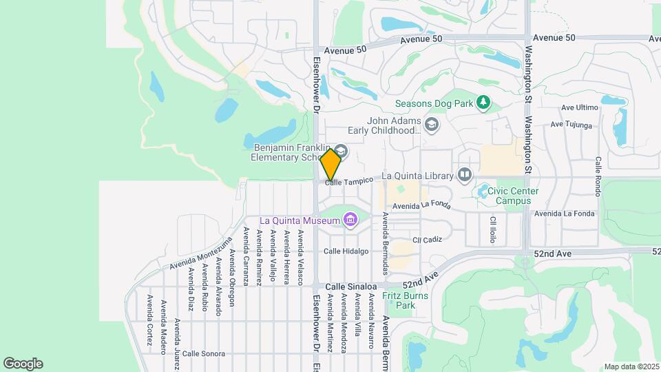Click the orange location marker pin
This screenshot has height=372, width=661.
pyautogui.click(x=331, y=164)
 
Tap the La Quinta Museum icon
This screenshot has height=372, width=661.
pyautogui.click(x=351, y=220)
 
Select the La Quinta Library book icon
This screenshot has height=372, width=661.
pyautogui.click(x=465, y=175)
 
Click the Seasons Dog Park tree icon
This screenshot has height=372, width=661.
pyautogui.click(x=484, y=103)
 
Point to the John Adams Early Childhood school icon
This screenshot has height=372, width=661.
pyautogui.click(x=432, y=124)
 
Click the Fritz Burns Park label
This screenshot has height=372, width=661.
pyautogui.click(x=406, y=300)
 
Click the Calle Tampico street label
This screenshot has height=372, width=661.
pyautogui.click(x=350, y=180)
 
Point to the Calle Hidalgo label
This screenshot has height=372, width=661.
pyautogui.click(x=346, y=251)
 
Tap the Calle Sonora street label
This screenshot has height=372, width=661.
pyautogui.click(x=204, y=354)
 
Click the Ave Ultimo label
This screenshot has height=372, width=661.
pyautogui.click(x=580, y=107)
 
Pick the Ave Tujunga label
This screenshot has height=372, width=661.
pyautogui.click(x=571, y=125)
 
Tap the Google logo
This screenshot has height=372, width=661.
pyautogui.click(x=23, y=363)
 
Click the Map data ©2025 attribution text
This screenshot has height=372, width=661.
pyautogui.click(x=631, y=366)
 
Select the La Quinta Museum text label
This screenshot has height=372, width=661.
pyautogui.click(x=300, y=221)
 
